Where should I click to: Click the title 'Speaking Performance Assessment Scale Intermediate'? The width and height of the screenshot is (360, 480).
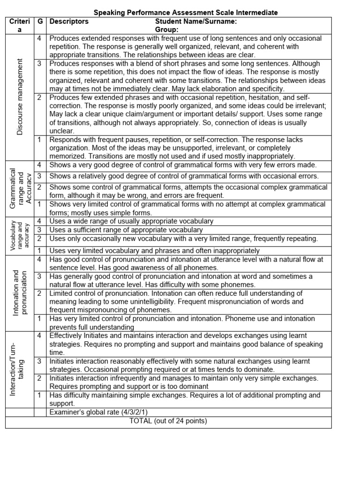(x=186, y=13)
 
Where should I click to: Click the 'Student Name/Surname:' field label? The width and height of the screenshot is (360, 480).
(x=195, y=22)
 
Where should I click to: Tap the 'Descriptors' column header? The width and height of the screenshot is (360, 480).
(x=69, y=22)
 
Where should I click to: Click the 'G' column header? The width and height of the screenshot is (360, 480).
(x=40, y=22)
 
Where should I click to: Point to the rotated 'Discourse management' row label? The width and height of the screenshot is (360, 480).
(x=20, y=97)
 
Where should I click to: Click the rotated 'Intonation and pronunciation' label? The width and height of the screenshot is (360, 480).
(x=20, y=292)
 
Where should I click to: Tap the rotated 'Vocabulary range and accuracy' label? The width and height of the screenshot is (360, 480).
(x=20, y=236)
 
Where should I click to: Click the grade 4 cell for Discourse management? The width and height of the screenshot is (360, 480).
(x=40, y=38)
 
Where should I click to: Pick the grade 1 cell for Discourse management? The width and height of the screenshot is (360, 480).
(x=40, y=140)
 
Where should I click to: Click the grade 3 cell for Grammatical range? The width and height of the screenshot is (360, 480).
(x=40, y=176)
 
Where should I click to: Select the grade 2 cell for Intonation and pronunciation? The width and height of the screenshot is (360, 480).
(x=40, y=293)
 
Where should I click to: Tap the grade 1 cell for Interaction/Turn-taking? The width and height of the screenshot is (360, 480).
(x=40, y=395)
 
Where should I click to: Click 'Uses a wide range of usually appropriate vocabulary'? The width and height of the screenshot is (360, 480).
(x=131, y=221)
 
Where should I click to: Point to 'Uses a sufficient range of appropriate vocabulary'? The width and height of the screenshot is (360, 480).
(x=126, y=230)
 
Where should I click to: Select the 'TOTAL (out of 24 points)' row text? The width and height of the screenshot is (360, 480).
(x=168, y=421)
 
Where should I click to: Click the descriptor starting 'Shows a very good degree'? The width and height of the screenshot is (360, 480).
(x=183, y=165)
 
